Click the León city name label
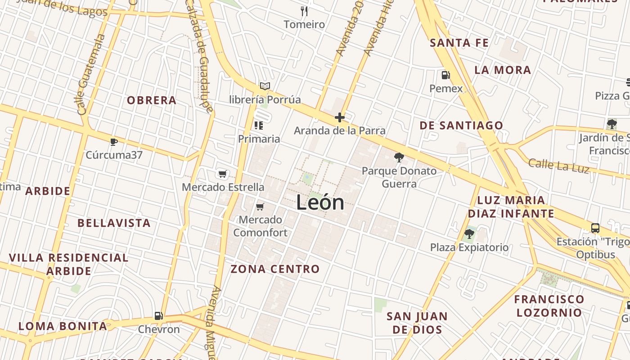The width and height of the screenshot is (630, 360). coord(320,202)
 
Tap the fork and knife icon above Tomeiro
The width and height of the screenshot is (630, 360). coord(304,11)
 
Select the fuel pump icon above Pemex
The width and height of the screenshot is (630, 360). coord(445,75)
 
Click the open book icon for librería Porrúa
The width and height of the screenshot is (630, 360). coord(265,86)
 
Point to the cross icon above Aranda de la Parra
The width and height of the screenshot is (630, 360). coord(340,118)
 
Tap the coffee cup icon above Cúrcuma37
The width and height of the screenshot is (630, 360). coord(114,142)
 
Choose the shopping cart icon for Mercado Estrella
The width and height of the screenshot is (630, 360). coord(222,174)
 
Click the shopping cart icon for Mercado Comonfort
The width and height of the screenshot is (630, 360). coord(260,207)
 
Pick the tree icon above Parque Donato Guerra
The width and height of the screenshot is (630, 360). coord(399,157)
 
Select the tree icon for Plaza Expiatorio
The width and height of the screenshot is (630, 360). coord(469,234)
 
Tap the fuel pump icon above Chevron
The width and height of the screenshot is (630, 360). coord(158,316)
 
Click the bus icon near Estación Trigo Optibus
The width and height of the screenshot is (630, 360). coord(595,228)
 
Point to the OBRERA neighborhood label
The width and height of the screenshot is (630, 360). coord(152,100)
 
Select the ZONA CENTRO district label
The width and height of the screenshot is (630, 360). coord(275,269)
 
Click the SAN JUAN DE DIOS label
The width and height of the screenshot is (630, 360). coord(417,323)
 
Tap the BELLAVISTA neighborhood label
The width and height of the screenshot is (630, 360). coord(114,223)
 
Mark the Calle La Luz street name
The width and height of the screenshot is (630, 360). coord(558,165)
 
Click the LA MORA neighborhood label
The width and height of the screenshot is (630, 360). coord(503,70)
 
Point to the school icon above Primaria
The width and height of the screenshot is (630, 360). coord(259,125)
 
